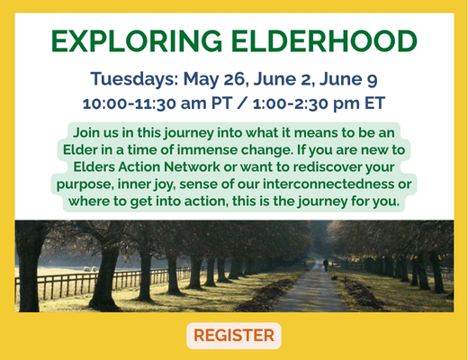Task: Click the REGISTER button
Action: pyautogui.click(x=234, y=336)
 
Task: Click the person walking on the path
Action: pyautogui.click(x=325, y=265)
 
